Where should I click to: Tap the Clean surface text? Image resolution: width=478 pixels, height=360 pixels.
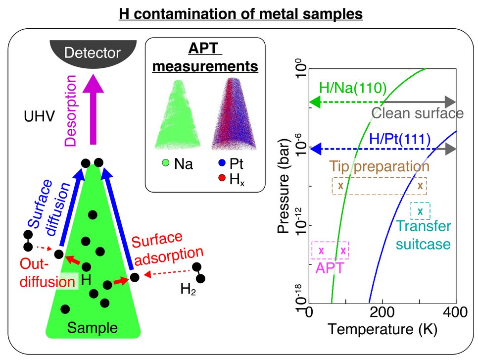417,113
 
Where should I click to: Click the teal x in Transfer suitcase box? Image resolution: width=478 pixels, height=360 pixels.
420,211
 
